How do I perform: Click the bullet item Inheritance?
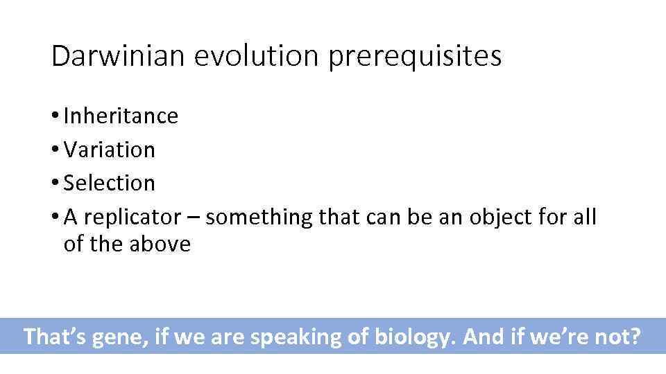click(121, 116)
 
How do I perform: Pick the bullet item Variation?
click(110, 150)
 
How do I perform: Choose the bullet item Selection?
click(110, 184)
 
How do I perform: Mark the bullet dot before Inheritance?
click(55, 116)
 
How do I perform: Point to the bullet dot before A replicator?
click(55, 218)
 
